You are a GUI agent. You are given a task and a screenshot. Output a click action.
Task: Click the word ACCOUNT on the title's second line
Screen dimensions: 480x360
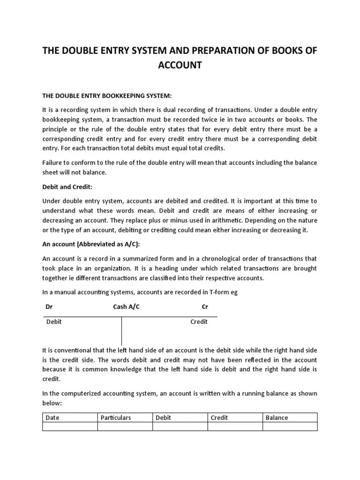tap(180, 65)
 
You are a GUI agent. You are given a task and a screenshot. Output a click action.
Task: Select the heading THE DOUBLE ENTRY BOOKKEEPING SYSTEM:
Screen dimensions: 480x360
tap(107, 96)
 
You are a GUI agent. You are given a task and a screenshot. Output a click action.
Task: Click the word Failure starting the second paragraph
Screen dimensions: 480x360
tap(53, 162)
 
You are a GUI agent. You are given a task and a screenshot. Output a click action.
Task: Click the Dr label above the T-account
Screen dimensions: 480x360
tap(48, 307)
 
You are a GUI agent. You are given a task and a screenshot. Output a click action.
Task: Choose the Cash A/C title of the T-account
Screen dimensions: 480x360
tap(126, 307)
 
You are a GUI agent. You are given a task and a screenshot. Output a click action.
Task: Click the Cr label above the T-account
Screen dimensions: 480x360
tap(205, 307)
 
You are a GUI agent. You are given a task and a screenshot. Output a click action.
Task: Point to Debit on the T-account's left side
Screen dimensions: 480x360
tap(54, 322)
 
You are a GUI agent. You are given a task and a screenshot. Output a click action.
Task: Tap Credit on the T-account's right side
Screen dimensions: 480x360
tap(199, 322)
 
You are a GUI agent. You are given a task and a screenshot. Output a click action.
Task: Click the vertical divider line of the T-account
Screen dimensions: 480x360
tap(122, 331)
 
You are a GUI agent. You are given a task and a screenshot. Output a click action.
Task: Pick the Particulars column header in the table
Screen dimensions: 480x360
tap(115, 418)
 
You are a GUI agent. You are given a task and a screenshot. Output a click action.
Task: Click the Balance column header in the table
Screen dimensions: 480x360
tap(277, 418)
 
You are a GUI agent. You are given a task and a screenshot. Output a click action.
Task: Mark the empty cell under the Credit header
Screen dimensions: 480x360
tap(235, 426)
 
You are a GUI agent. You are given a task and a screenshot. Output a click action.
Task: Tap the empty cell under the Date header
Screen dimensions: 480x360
tap(70, 426)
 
